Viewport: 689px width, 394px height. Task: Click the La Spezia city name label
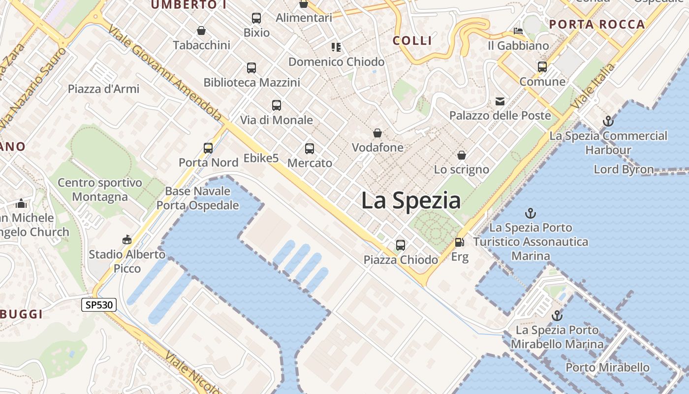(x=411, y=201)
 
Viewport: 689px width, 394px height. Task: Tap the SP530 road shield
(x=99, y=305)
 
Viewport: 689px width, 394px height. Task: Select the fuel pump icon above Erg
(x=459, y=242)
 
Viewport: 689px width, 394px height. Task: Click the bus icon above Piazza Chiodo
(x=401, y=245)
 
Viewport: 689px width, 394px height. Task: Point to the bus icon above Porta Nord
(x=208, y=148)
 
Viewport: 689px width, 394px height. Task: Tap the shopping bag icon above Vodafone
(x=377, y=133)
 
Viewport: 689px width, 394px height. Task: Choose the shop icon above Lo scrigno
(x=462, y=155)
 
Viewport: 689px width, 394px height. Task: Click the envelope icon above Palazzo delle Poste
(x=500, y=101)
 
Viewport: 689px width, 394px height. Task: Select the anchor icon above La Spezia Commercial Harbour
(x=608, y=121)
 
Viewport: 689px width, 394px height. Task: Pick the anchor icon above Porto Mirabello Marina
(x=557, y=315)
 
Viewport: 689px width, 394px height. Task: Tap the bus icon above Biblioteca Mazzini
(x=251, y=67)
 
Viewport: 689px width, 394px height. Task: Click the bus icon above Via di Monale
(x=277, y=105)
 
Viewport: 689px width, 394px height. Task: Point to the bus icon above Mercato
(x=310, y=148)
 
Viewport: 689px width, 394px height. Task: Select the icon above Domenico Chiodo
(x=336, y=47)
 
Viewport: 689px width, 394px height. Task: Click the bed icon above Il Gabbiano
(x=518, y=31)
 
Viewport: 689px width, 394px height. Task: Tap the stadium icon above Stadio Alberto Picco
(x=127, y=240)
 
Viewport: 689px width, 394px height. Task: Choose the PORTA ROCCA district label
(x=597, y=25)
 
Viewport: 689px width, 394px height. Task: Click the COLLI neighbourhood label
(x=412, y=40)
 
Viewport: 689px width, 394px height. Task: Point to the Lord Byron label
(x=624, y=169)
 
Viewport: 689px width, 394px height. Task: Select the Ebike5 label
(x=261, y=158)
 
